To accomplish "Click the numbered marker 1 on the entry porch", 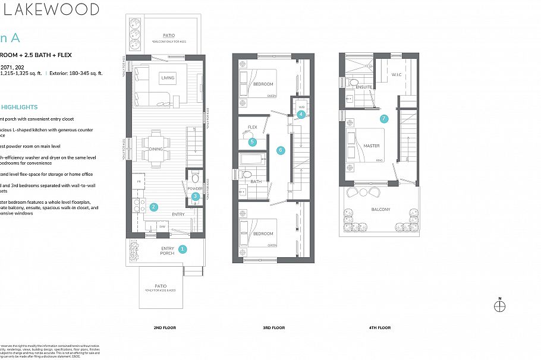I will click(183, 250).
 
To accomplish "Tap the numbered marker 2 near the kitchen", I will click(154, 207).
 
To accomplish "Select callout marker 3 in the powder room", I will click(195, 197).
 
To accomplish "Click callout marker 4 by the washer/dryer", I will click(301, 114).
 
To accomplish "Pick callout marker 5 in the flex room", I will click(253, 141).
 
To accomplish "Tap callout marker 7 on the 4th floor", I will click(384, 118).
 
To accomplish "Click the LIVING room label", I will click(168, 78).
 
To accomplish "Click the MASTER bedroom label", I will click(372, 146).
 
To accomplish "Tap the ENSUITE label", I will click(364, 87).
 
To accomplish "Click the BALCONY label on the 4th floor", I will click(381, 209).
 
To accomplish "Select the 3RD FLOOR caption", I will click(274, 327).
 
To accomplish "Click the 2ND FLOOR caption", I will click(165, 327).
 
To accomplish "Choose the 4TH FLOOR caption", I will click(379, 327).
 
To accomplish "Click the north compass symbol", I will click(500, 306).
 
